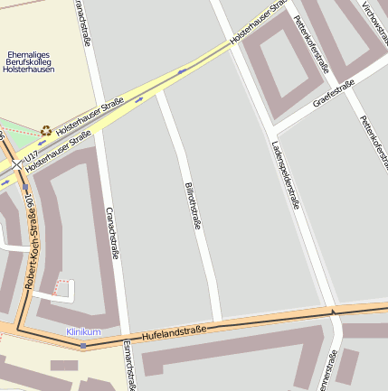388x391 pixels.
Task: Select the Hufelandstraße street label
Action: pyautogui.click(x=174, y=331)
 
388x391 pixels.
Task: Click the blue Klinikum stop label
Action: pyautogui.click(x=83, y=332)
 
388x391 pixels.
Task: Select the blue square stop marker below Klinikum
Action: pyautogui.click(x=83, y=345)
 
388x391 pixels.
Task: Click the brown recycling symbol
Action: pyautogui.click(x=45, y=131)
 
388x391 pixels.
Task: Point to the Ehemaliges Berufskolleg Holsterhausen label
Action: pyautogui.click(x=29, y=61)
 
